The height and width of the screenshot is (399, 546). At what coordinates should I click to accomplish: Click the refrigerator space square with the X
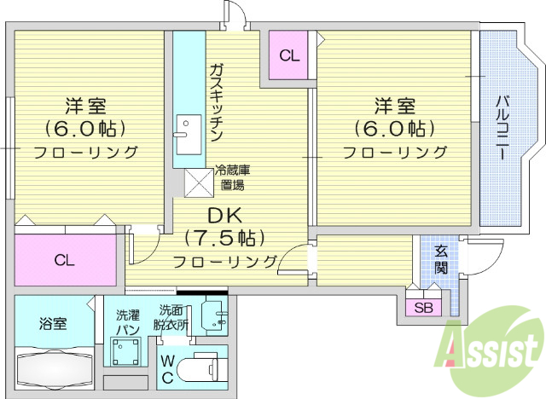198,181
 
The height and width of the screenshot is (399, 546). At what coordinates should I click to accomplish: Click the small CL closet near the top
289,56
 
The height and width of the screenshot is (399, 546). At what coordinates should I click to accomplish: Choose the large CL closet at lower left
65,260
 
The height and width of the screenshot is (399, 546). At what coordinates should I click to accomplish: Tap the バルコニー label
502,128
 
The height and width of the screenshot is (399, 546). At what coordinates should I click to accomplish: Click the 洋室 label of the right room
394,107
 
